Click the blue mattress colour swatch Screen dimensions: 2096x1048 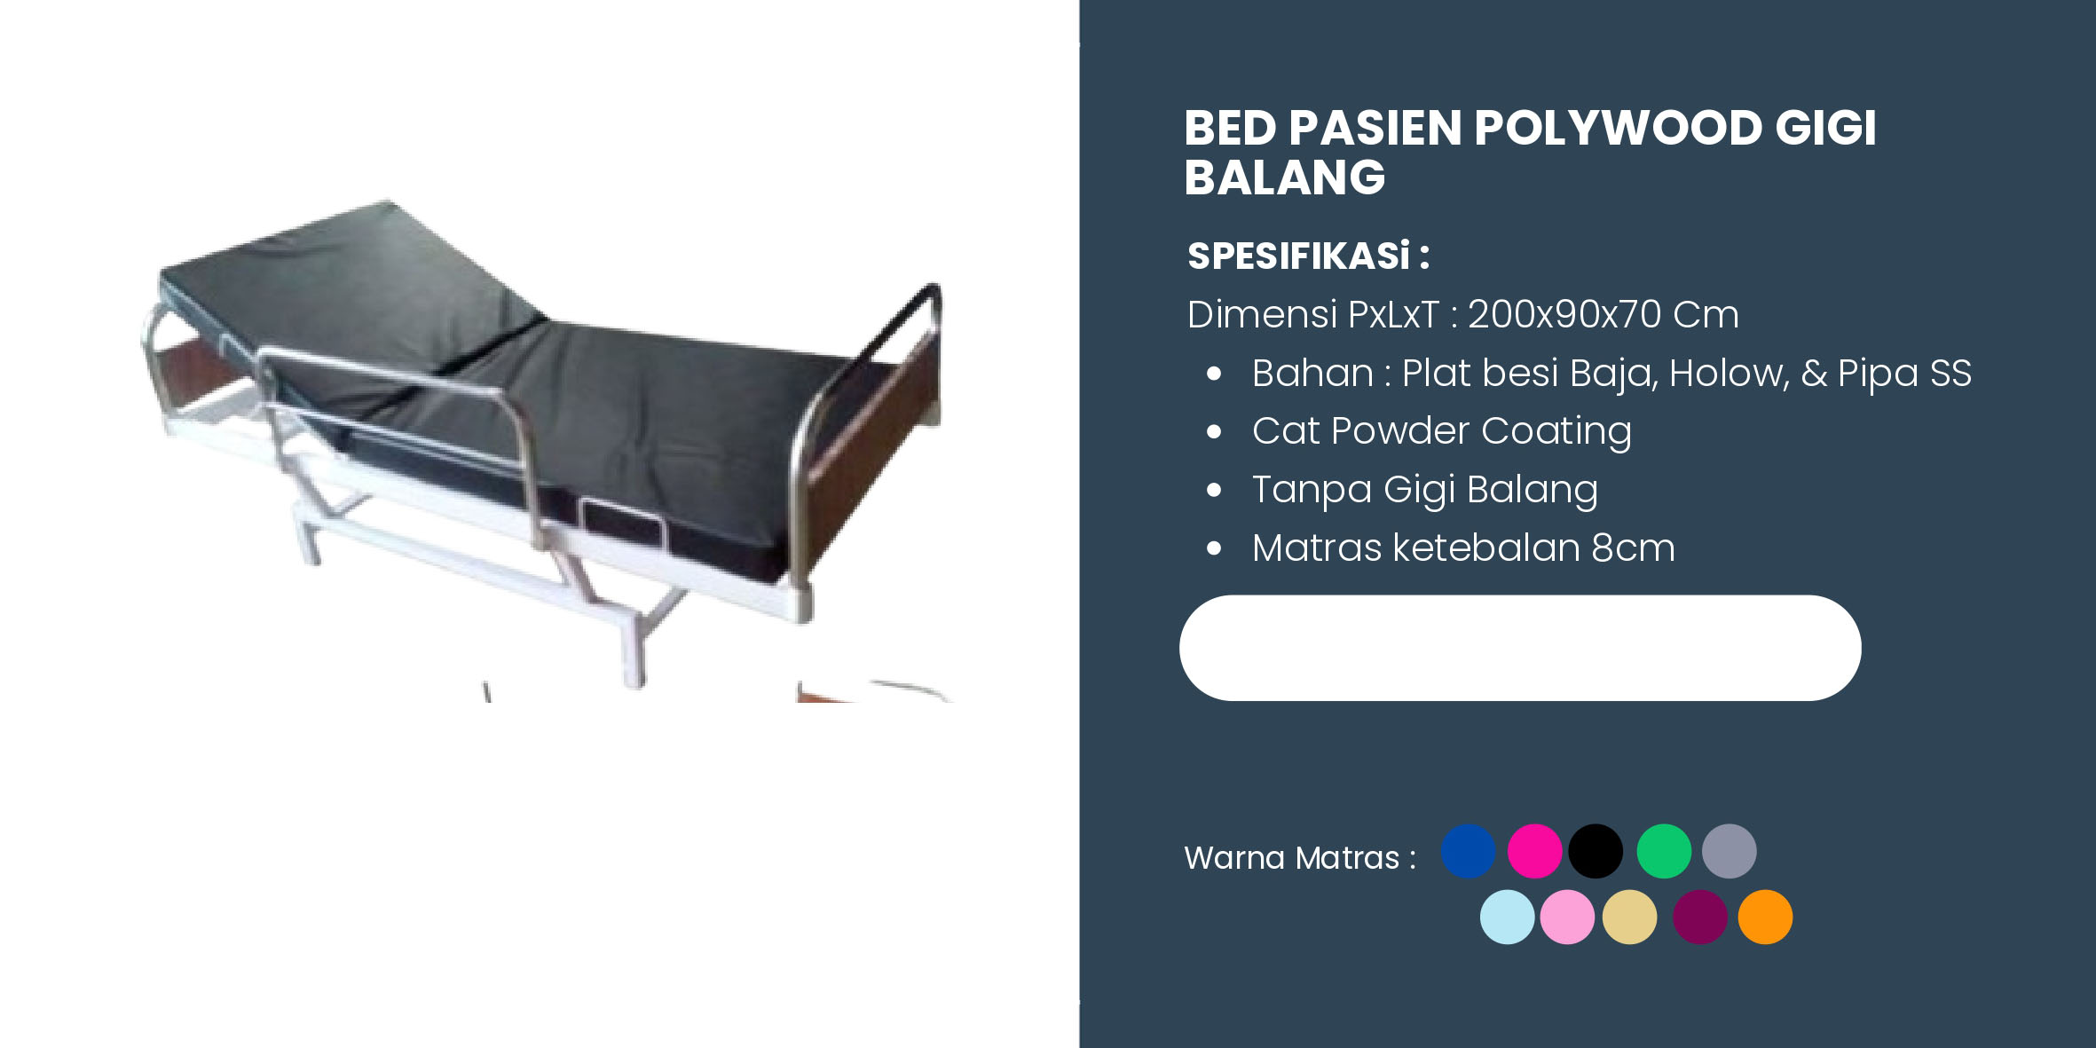tap(1468, 851)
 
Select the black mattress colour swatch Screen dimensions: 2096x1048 tap(1596, 851)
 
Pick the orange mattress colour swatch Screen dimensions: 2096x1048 tap(1765, 917)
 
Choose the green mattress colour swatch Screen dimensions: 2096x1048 tap(1664, 851)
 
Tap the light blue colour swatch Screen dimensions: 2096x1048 tap(1507, 917)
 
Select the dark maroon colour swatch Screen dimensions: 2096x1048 tap(1700, 917)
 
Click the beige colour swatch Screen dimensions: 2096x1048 tap(1629, 917)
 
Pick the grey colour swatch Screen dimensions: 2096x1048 tap(1729, 851)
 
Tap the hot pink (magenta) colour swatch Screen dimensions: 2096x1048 tap(1534, 851)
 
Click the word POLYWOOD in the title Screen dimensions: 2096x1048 tap(1618, 128)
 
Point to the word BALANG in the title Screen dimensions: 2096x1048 tap(1284, 177)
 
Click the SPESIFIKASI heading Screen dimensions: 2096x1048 tap(1308, 256)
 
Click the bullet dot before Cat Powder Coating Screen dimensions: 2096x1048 tap(1214, 432)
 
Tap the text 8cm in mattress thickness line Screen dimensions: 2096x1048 tap(1633, 548)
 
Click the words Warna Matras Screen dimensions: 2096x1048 tap(1291, 858)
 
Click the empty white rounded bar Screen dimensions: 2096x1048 tap(1520, 648)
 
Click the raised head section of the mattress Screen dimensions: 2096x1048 tap(355, 275)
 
